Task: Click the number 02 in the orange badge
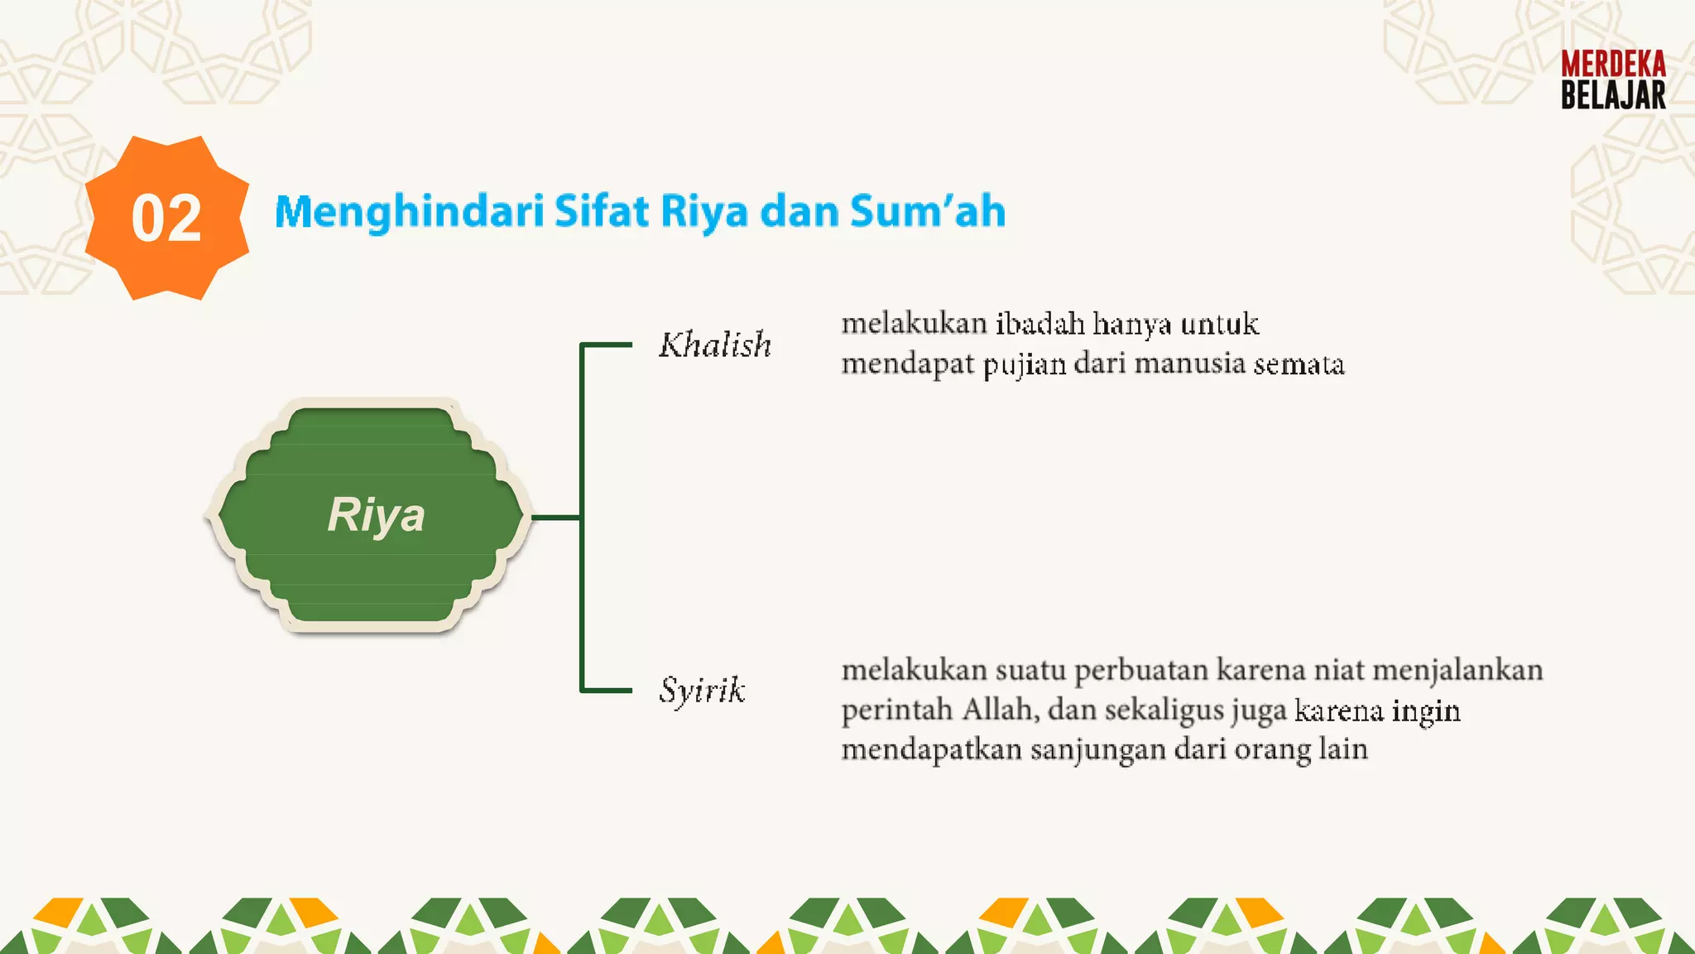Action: [166, 219]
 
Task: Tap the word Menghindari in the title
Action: [409, 212]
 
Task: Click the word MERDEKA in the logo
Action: [1613, 65]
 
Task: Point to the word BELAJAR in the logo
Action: [1613, 95]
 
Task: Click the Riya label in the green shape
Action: [376, 514]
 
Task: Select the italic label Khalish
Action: [715, 344]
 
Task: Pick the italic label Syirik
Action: [702, 691]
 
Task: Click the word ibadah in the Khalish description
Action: [1040, 323]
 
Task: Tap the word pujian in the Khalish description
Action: [1024, 364]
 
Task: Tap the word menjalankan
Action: [1457, 669]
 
